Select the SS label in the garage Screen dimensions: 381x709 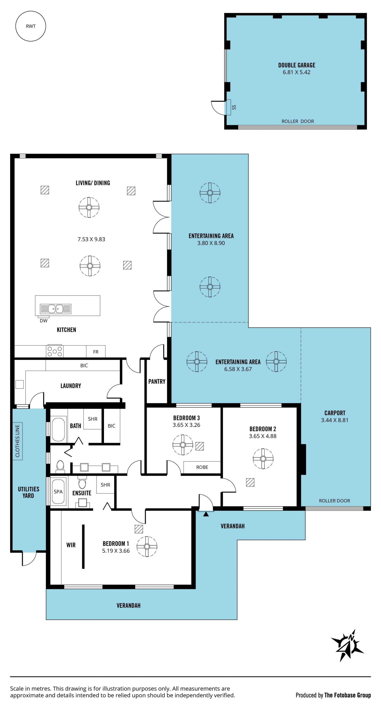click(x=234, y=107)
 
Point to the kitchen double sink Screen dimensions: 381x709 click(x=56, y=309)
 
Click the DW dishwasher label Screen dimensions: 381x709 click(x=43, y=321)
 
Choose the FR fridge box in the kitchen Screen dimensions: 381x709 click(x=96, y=351)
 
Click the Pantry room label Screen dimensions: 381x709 click(x=157, y=381)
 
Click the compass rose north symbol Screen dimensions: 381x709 click(x=347, y=645)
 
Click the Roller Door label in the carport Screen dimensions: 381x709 click(x=335, y=501)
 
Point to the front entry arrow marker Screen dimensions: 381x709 click(x=206, y=514)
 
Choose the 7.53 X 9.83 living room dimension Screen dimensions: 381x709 click(x=91, y=239)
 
